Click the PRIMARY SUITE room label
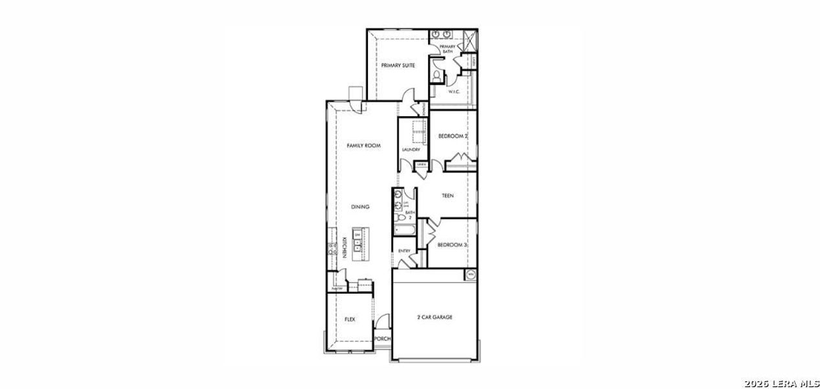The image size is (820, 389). (398, 65)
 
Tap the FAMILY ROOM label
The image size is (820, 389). (363, 146)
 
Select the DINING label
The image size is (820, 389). (360, 207)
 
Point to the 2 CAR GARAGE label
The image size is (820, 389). (434, 317)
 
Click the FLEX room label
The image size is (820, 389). (350, 319)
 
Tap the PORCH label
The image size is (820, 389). (383, 338)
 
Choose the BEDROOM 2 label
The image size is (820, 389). (453, 136)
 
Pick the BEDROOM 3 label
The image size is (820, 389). (452, 245)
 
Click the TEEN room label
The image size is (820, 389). (448, 196)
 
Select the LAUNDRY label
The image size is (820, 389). (411, 150)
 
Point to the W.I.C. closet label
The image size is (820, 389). (454, 91)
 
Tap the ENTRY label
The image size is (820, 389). (404, 251)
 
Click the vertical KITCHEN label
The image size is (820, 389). (345, 248)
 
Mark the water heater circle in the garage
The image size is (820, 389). (471, 275)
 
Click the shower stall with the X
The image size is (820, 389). (469, 40)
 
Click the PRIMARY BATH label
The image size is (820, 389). (448, 49)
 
